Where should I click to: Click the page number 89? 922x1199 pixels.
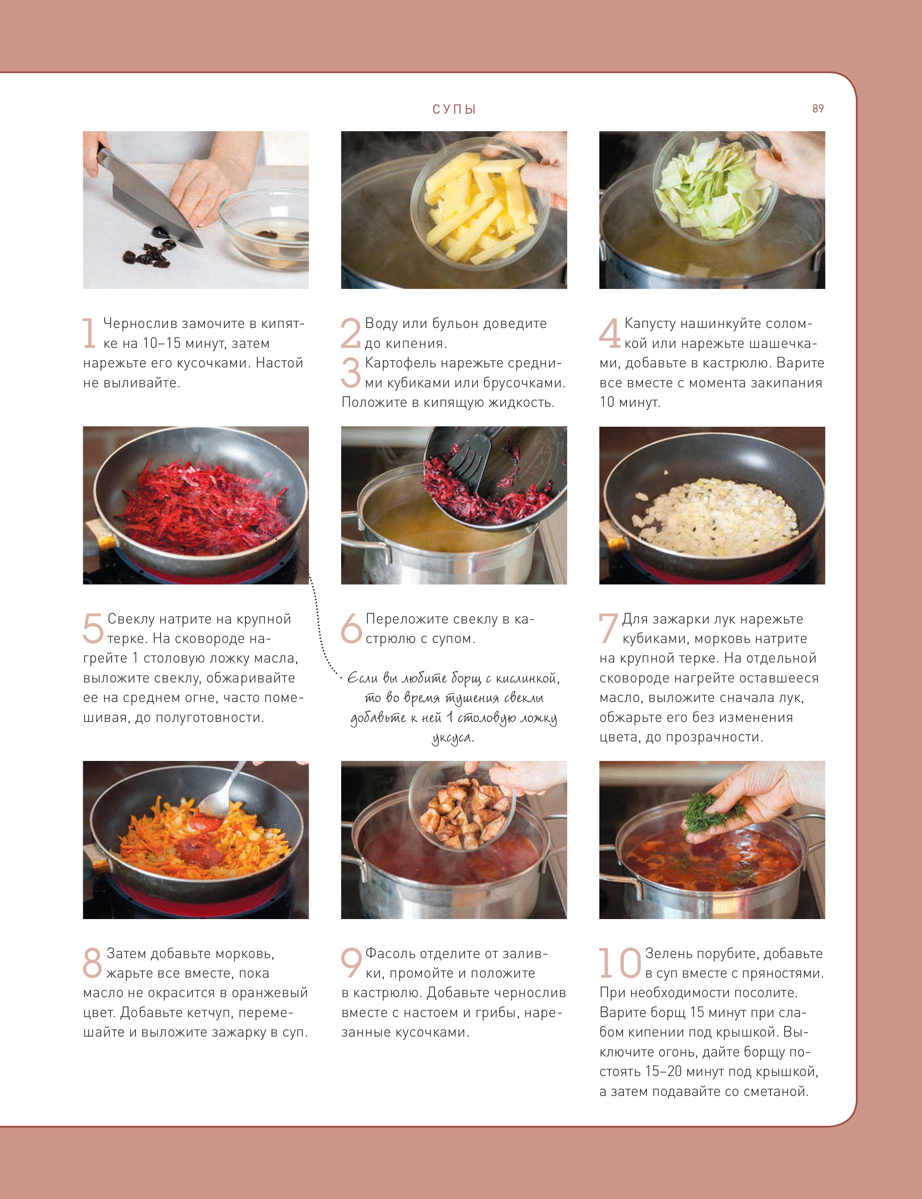pyautogui.click(x=818, y=109)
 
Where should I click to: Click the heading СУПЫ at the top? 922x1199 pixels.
pyautogui.click(x=454, y=109)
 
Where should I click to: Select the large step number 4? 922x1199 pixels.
pyautogui.click(x=610, y=333)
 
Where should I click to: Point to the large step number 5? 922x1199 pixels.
pyautogui.click(x=93, y=628)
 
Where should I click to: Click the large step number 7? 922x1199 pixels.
pyautogui.click(x=608, y=628)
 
